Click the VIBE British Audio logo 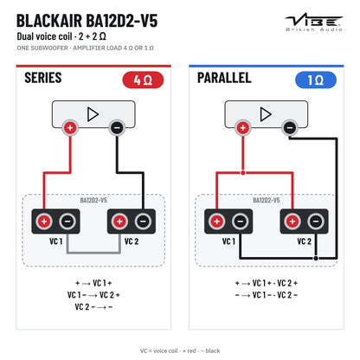(314, 22)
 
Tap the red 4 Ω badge (143, 80)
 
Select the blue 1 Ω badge (316, 80)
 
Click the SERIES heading (43, 78)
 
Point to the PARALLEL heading (224, 78)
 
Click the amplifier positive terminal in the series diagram (70, 127)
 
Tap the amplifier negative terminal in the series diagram (117, 127)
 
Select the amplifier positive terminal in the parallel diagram (243, 127)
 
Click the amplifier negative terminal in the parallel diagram (290, 127)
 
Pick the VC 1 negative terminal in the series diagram (67, 222)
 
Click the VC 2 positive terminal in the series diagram (119, 222)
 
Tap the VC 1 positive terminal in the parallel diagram (216, 222)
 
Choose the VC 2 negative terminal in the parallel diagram (316, 222)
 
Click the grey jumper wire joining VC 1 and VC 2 (93, 253)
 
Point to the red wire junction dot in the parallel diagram (243, 173)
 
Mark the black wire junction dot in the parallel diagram (316, 258)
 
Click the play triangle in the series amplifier (93, 114)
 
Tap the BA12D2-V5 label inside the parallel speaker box (267, 200)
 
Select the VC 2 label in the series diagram (132, 241)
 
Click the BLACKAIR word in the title (49, 21)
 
